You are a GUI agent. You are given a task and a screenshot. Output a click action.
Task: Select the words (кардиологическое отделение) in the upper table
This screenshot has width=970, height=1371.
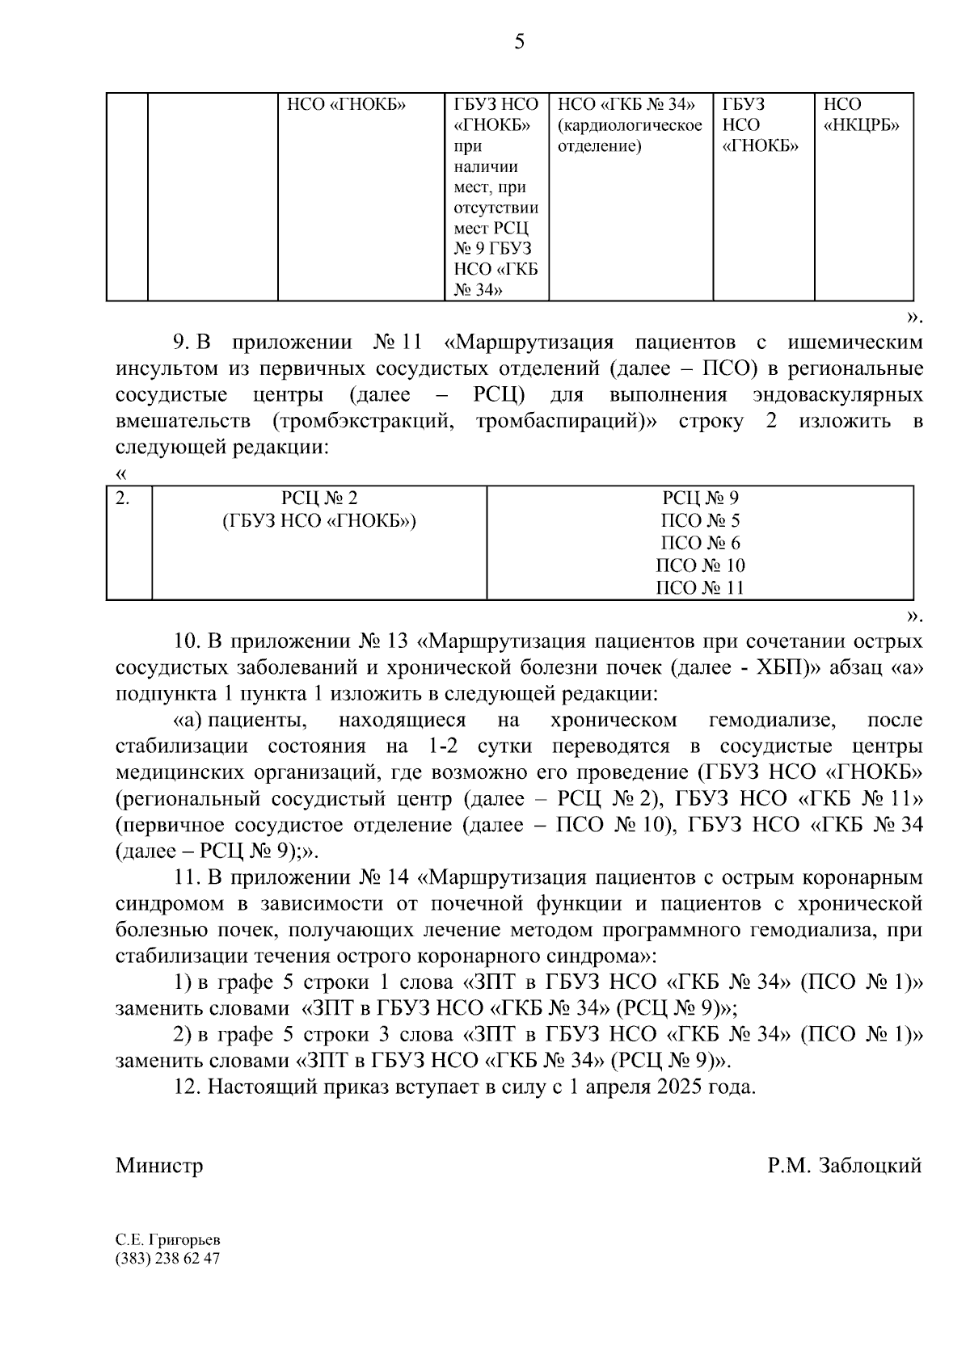tap(630, 136)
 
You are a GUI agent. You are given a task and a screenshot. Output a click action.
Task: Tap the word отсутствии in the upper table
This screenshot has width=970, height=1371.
tap(496, 208)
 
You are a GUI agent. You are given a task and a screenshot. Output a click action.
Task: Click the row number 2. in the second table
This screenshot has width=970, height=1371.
tap(123, 498)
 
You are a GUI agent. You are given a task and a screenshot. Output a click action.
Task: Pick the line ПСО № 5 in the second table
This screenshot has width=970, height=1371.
tap(699, 521)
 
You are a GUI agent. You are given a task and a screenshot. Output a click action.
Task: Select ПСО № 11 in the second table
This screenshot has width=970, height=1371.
tap(699, 588)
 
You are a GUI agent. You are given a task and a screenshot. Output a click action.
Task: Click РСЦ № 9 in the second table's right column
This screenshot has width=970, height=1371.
tap(700, 498)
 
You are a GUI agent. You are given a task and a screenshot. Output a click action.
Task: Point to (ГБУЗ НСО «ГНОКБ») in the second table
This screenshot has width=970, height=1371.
tap(318, 521)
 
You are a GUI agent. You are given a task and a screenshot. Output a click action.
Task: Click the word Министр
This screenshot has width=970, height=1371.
tap(159, 1166)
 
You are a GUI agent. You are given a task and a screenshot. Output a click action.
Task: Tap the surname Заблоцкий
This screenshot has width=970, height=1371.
tap(870, 1166)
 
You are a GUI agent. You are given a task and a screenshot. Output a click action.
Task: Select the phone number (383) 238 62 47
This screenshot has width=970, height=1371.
tap(167, 1259)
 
